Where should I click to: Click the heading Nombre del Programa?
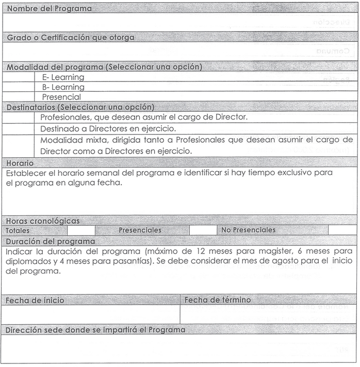click(49, 9)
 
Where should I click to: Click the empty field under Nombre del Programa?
click(179, 23)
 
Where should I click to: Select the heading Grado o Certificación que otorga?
click(71, 37)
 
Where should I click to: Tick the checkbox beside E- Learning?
click(21, 77)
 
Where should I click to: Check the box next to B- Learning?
click(21, 87)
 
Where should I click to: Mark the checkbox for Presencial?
click(21, 97)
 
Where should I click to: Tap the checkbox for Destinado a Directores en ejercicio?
click(21, 128)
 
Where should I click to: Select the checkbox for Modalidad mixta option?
click(21, 145)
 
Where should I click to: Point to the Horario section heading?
click(20, 163)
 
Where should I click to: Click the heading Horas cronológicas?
click(43, 221)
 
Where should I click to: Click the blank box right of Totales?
click(81, 230)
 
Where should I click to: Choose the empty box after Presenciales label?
click(203, 230)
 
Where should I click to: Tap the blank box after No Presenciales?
click(342, 230)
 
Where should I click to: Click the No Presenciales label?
click(248, 230)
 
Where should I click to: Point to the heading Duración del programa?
click(51, 241)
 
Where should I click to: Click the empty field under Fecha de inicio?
click(91, 314)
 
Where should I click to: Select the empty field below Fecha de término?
click(268, 314)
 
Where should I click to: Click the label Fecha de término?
click(217, 300)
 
